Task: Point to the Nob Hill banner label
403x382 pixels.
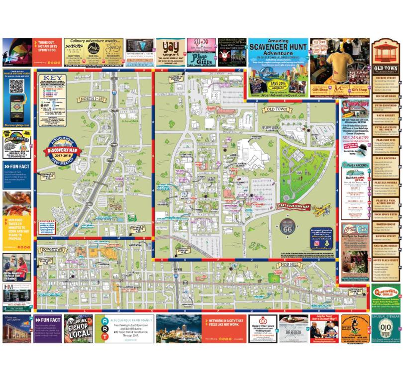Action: pyautogui.click(x=289, y=264)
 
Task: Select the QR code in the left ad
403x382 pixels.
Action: pyautogui.click(x=17, y=86)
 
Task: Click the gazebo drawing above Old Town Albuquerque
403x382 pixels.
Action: pyautogui.click(x=385, y=51)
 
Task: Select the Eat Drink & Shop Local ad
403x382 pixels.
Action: pyautogui.click(x=78, y=328)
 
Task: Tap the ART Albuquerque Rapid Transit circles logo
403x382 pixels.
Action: pyautogui.click(x=102, y=329)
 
